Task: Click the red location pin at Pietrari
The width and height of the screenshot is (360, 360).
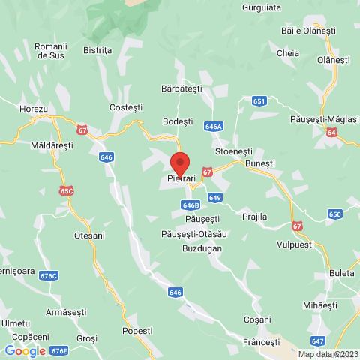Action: (x=179, y=163)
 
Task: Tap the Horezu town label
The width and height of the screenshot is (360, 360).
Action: (x=34, y=109)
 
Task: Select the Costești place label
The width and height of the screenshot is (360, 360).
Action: (x=125, y=107)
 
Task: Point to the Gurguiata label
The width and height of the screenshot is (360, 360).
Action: (x=262, y=7)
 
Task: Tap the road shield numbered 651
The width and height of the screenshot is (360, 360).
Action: (x=259, y=100)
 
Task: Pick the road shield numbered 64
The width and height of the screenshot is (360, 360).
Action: (x=331, y=132)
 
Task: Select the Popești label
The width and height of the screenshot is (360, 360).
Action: (x=136, y=330)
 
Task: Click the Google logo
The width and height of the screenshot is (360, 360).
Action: (x=25, y=350)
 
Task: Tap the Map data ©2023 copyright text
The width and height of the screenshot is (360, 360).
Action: (x=328, y=354)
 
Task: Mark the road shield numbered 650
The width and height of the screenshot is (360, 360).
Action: (x=335, y=214)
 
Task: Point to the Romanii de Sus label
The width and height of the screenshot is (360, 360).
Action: (x=51, y=51)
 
